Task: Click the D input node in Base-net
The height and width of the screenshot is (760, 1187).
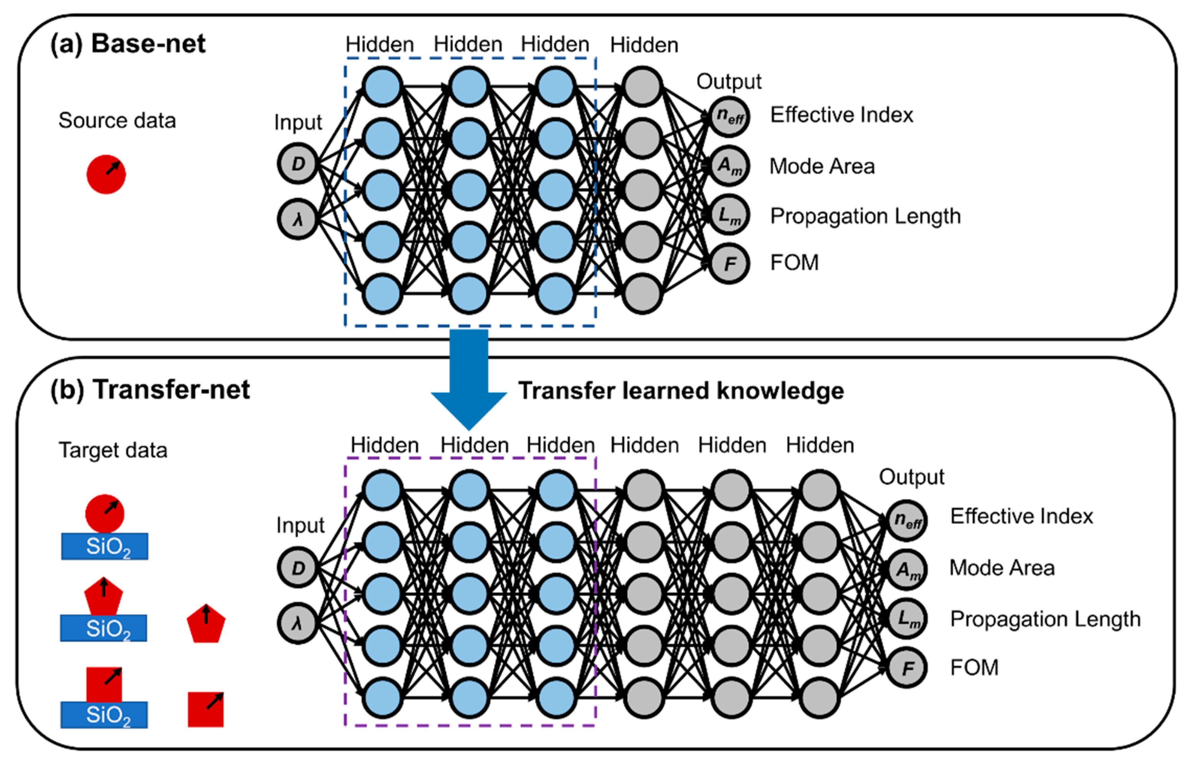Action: pos(297,163)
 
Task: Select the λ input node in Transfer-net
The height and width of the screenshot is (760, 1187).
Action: pos(297,623)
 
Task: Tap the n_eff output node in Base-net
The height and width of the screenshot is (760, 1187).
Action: pos(729,116)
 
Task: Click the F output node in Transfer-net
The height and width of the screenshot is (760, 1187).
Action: pos(907,668)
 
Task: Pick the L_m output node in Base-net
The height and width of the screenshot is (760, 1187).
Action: pos(729,215)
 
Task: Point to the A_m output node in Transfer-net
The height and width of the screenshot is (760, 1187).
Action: pos(907,570)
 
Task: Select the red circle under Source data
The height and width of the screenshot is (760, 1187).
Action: pos(106,174)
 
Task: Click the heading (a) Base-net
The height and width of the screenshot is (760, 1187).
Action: pos(128,43)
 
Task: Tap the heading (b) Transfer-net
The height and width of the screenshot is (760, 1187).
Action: pos(150,389)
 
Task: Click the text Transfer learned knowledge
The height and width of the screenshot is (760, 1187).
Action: pos(681,391)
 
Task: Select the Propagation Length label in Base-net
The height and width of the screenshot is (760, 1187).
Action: pos(865,216)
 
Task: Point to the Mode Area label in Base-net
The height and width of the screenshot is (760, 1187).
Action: pos(822,166)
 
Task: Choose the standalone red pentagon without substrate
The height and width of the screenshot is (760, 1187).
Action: pos(206,624)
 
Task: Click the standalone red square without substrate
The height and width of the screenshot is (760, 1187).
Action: pos(206,709)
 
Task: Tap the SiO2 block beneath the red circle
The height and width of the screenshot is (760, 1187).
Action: pos(104,546)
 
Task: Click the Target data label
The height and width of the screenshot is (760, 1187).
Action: pos(113,450)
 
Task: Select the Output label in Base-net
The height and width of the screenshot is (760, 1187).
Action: pos(729,81)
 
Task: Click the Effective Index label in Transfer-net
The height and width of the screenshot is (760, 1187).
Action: pos(1021,516)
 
